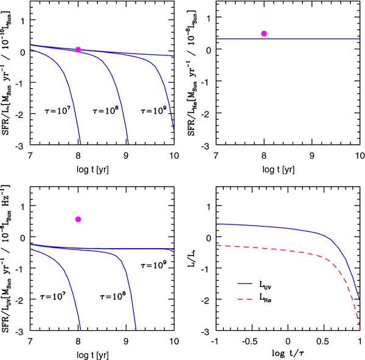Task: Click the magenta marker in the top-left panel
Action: [78, 49]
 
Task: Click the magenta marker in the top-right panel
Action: [264, 33]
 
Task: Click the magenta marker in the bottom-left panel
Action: [78, 219]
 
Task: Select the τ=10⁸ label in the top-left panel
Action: [105, 112]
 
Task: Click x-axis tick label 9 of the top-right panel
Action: [312, 157]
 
